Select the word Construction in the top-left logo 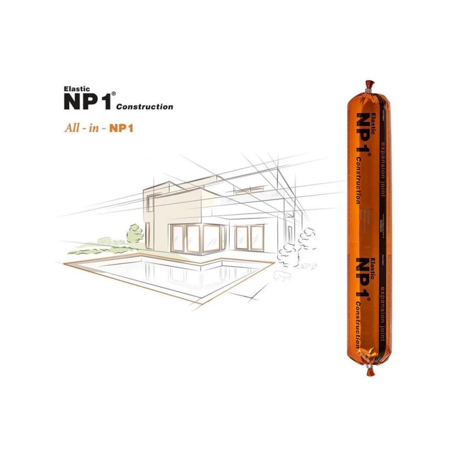145,107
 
